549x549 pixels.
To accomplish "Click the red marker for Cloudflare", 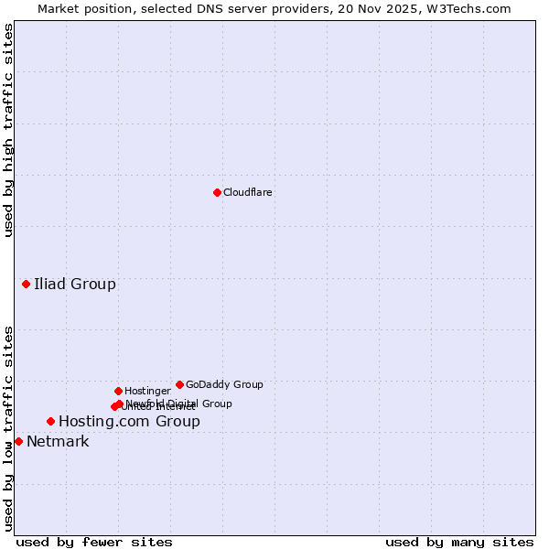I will (217, 192).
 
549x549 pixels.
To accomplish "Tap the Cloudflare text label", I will (248, 193).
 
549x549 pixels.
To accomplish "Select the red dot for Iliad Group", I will (27, 285).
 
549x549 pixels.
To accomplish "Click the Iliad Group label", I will (75, 285).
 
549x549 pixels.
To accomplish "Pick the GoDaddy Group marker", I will (179, 385).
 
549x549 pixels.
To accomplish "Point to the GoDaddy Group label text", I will (224, 385).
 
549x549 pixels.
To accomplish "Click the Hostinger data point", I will (118, 392).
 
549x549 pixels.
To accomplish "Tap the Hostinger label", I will (148, 392).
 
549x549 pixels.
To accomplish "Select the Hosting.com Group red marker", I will (50, 422).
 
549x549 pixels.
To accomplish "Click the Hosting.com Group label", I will (129, 422).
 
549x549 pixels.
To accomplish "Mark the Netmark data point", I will (18, 442).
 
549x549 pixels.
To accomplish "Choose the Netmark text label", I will (58, 442).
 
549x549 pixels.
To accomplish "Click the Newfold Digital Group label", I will (179, 404).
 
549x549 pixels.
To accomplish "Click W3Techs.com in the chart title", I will (466, 8).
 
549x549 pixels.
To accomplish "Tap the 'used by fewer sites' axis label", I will (94, 542).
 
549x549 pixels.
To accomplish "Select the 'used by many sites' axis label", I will (459, 542).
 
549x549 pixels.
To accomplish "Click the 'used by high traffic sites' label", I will (8, 130).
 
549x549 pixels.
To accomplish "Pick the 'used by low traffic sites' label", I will (8, 428).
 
